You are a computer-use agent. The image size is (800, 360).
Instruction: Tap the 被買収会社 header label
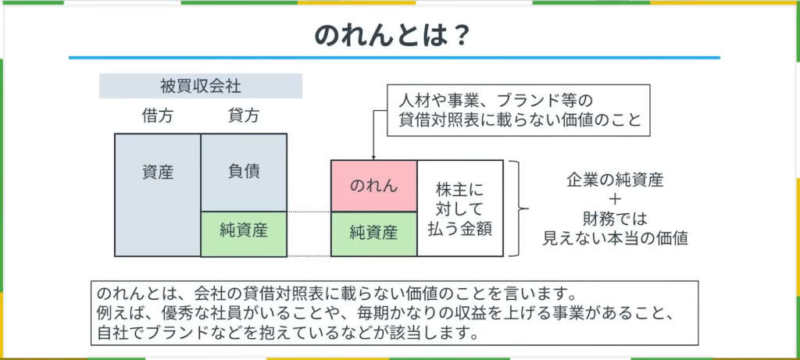point(201,86)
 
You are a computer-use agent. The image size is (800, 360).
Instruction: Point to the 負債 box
point(244,172)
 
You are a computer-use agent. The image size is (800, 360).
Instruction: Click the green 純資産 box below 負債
point(244,233)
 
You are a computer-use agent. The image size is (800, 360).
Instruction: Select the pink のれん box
point(373,185)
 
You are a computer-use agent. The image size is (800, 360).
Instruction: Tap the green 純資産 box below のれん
point(373,233)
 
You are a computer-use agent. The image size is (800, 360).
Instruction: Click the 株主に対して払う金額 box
point(461,209)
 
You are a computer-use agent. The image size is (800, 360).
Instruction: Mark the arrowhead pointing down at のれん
point(373,157)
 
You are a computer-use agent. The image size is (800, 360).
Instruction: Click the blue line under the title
point(394,57)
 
